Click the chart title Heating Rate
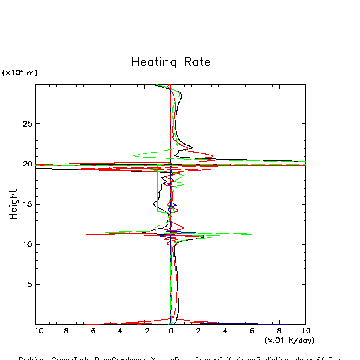[171, 62]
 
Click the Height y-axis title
[14, 204]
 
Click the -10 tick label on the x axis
[33, 331]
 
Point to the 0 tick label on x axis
[171, 331]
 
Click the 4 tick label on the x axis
[225, 331]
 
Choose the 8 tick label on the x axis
[279, 331]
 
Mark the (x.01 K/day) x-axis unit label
[289, 341]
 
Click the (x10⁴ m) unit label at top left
[20, 73]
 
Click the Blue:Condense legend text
[120, 358]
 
